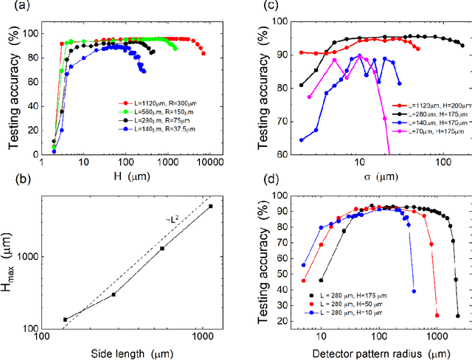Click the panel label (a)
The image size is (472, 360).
click(11, 7)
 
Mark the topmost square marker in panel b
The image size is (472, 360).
click(210, 207)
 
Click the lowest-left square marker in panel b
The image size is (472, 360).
click(65, 319)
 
